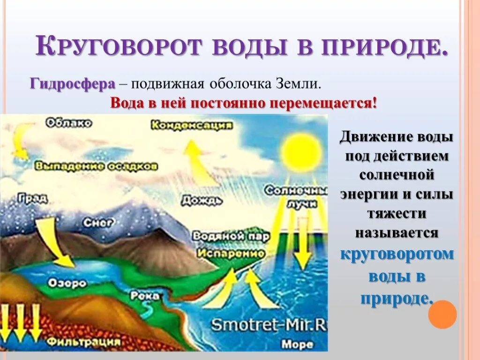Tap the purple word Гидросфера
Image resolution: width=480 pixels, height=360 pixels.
click(x=73, y=84)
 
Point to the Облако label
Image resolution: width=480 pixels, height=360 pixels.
click(x=69, y=123)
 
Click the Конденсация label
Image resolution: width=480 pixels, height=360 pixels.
click(x=192, y=125)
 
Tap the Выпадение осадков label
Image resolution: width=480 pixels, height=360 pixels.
click(x=97, y=166)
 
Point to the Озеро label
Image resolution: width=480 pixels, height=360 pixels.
click(x=67, y=283)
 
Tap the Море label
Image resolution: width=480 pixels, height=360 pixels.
click(x=297, y=345)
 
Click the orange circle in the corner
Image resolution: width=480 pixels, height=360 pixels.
click(x=442, y=314)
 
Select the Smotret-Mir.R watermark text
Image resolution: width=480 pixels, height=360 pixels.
click(x=268, y=324)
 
